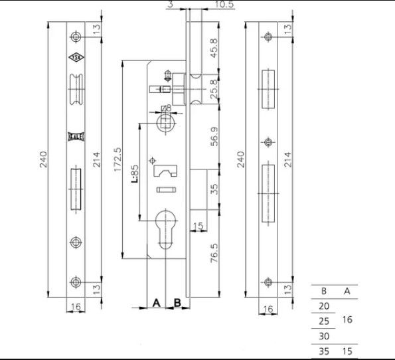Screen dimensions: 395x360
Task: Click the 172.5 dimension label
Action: click(118, 159)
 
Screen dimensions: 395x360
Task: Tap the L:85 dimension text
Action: click(135, 174)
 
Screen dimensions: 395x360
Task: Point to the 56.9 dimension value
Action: click(214, 136)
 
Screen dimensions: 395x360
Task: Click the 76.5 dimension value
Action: click(214, 253)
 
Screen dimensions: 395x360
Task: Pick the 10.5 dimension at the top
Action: click(224, 4)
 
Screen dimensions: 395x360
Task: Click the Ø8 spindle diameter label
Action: click(166, 108)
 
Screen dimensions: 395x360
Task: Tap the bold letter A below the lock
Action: click(157, 302)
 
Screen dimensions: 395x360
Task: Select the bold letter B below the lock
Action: click(177, 302)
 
